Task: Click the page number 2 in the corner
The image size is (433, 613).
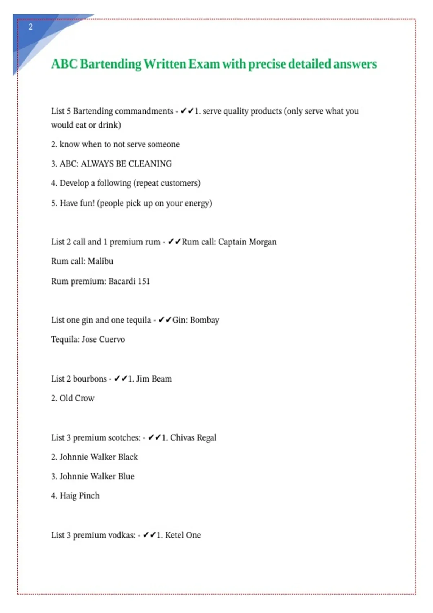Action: (x=31, y=27)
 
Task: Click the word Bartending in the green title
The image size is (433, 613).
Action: (x=110, y=64)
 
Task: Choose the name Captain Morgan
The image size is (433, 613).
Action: (x=247, y=242)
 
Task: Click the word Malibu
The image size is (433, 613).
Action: (x=100, y=261)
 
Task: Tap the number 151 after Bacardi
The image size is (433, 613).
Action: (x=144, y=281)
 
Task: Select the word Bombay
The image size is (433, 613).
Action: (x=205, y=320)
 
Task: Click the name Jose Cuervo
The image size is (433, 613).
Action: (x=103, y=340)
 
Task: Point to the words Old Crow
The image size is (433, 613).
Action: (x=77, y=398)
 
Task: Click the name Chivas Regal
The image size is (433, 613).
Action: (x=193, y=438)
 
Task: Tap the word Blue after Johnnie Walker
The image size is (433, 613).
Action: (x=126, y=476)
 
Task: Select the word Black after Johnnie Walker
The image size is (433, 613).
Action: (x=128, y=457)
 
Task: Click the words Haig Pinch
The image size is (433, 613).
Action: (x=79, y=496)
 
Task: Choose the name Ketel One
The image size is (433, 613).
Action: (x=183, y=535)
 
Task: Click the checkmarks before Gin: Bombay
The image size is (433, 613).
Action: (x=165, y=320)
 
